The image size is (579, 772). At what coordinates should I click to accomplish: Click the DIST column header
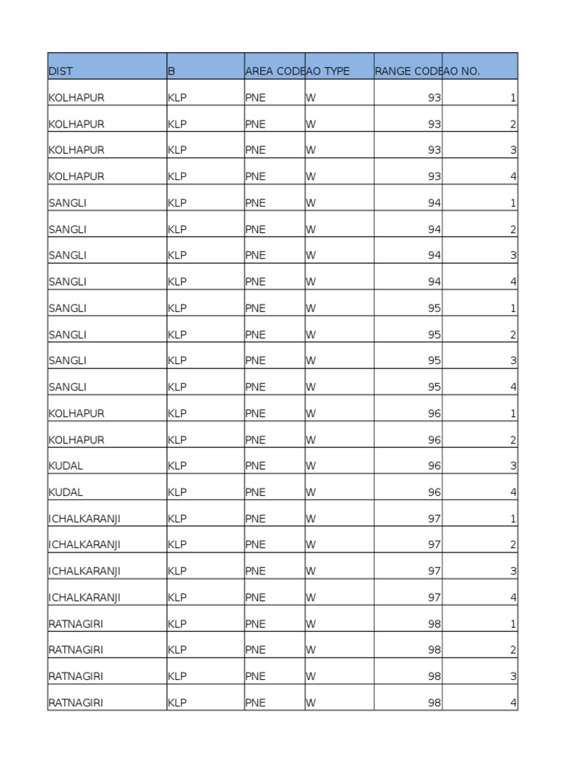[61, 72]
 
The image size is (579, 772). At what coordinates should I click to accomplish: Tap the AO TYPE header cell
[328, 72]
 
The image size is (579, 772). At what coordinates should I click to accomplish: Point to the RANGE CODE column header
[408, 72]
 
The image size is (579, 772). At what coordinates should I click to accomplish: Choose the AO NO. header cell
[461, 72]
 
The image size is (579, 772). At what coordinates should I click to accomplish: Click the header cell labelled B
[172, 72]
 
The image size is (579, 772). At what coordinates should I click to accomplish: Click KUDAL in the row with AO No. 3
[66, 466]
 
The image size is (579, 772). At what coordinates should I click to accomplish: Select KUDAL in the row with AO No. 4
[66, 492]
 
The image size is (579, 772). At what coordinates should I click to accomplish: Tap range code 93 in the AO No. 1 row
[434, 98]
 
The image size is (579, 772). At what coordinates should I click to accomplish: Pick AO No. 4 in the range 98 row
[513, 703]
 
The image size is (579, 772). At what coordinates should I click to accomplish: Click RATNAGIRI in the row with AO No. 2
[76, 650]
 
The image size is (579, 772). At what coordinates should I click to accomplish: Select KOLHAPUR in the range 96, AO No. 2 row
[76, 440]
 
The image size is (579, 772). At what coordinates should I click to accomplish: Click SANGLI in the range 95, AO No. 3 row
[68, 360]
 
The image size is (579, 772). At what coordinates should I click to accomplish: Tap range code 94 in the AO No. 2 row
[434, 229]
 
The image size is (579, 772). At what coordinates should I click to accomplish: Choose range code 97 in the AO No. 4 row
[434, 598]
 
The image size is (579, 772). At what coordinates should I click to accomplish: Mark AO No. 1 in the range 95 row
[513, 308]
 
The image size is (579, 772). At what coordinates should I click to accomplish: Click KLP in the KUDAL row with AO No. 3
[177, 466]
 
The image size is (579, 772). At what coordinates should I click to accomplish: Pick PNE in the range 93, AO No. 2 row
[256, 124]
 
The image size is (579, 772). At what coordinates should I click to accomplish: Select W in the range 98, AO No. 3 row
[310, 676]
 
